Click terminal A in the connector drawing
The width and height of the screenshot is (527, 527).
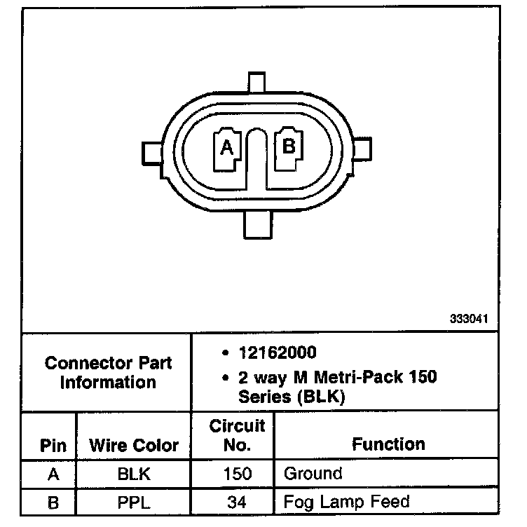(226, 148)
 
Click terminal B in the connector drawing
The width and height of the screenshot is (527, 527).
(288, 146)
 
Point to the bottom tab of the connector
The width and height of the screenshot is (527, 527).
(256, 226)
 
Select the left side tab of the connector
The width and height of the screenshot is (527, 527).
(152, 151)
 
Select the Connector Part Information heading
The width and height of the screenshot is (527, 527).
(108, 373)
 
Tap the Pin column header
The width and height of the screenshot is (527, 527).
(53, 446)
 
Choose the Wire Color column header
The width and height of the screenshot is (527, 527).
(134, 446)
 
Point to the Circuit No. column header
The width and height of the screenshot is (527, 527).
(238, 435)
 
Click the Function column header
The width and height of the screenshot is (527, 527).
(388, 444)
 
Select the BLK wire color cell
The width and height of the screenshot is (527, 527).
(134, 474)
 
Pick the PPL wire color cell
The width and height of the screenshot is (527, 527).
(134, 502)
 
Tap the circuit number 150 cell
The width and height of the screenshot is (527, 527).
(238, 474)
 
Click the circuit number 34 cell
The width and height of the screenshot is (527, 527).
(238, 502)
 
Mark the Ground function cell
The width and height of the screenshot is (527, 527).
(313, 474)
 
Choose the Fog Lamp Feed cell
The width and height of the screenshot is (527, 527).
(346, 502)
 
